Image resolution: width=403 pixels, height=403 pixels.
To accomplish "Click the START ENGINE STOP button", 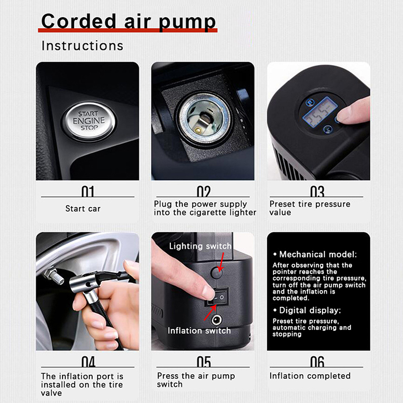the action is pos(89,121).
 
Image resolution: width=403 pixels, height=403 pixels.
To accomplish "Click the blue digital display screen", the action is pos(320,111).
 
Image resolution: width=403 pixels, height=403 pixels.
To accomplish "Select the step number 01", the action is pos(88,191).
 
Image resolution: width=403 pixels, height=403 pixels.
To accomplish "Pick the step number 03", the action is pos(317,191).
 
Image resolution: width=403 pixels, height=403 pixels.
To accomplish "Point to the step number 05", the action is pos(204,361).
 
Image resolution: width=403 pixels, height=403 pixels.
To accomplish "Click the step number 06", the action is pos(317,361).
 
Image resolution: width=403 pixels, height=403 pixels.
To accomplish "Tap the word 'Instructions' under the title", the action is pos(83,46).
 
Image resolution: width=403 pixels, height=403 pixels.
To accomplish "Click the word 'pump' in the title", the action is pos(187,22).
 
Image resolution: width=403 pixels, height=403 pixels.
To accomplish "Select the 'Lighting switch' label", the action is pos(200,246).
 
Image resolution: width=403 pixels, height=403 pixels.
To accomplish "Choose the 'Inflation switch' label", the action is pos(199,330).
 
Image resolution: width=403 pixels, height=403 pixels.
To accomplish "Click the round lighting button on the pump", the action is pos(217,273).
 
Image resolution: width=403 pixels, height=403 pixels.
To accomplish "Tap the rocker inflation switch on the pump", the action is pos(217,297).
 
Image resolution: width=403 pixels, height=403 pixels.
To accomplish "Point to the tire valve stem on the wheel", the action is pos(54,276).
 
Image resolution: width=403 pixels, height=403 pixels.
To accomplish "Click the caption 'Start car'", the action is pos(83,209).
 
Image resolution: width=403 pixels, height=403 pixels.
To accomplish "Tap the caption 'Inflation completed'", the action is pos(310,376).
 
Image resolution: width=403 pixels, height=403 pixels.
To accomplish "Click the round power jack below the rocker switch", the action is pos(217,320).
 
